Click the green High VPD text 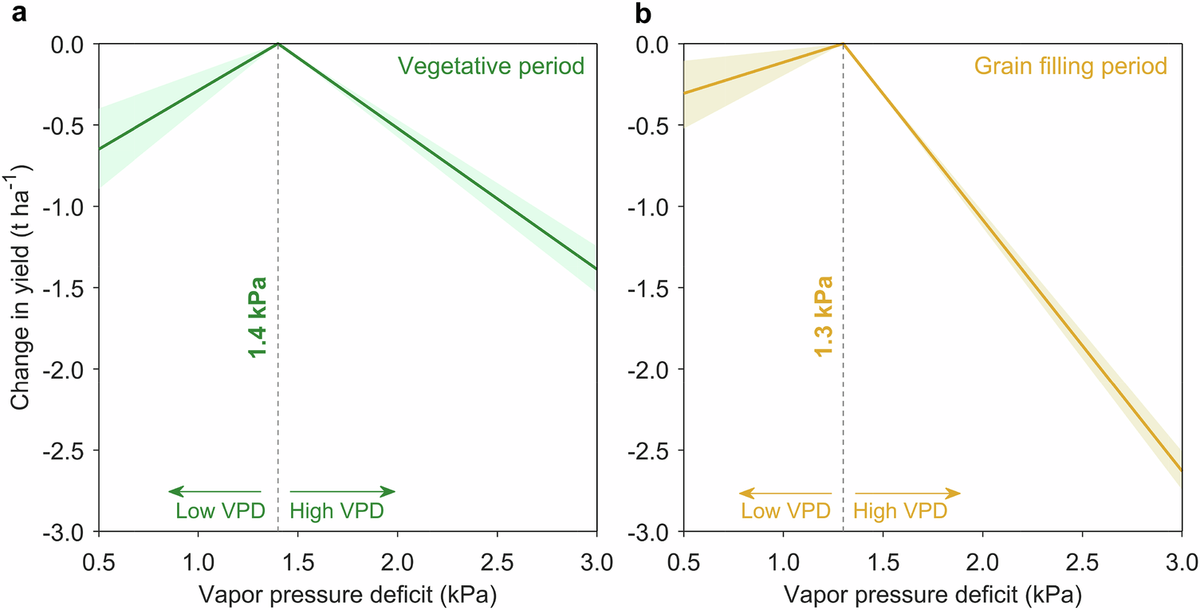[x=336, y=510]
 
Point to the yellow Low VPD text [x=786, y=510]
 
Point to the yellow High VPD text [x=900, y=510]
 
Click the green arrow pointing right [x=342, y=491]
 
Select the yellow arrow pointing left [x=785, y=492]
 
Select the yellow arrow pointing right [x=907, y=492]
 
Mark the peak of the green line [x=277, y=44]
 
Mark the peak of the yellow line [x=843, y=44]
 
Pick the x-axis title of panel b [x=933, y=594]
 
